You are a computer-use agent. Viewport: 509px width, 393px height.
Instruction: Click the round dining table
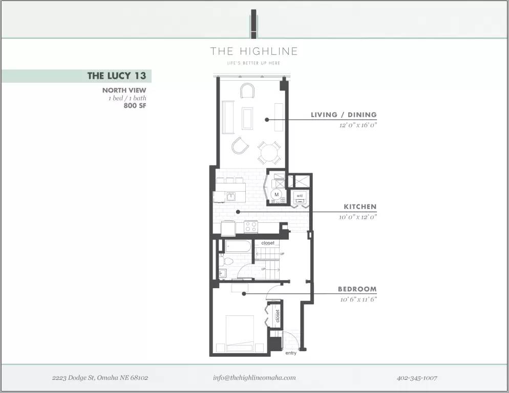click(269, 153)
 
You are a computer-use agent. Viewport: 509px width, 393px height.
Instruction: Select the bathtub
click(238, 246)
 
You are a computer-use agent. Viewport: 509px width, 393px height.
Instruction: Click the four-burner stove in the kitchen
click(250, 226)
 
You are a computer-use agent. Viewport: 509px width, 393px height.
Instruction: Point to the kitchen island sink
click(231, 196)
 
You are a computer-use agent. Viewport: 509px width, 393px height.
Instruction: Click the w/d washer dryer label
click(299, 196)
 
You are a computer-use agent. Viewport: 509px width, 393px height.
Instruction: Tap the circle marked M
click(277, 195)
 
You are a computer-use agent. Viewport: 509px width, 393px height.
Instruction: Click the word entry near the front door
click(291, 353)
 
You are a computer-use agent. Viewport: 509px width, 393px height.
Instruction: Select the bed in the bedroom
click(240, 333)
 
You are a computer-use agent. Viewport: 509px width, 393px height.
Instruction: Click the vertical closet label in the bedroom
click(277, 316)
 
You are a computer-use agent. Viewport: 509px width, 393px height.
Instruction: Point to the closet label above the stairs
click(268, 243)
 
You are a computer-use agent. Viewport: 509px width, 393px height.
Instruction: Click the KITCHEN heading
click(360, 206)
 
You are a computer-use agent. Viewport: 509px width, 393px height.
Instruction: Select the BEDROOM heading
click(357, 289)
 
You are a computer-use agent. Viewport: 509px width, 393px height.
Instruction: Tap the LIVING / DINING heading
click(344, 114)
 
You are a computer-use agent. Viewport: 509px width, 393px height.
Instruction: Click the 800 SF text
click(135, 105)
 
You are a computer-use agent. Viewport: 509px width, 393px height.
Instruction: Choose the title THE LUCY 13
click(117, 76)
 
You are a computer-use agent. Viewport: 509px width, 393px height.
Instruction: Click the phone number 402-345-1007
click(417, 378)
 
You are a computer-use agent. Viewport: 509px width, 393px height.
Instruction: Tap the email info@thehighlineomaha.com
click(254, 378)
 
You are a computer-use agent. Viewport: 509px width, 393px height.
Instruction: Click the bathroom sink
click(222, 273)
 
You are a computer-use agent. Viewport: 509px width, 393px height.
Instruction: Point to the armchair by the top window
click(248, 90)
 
